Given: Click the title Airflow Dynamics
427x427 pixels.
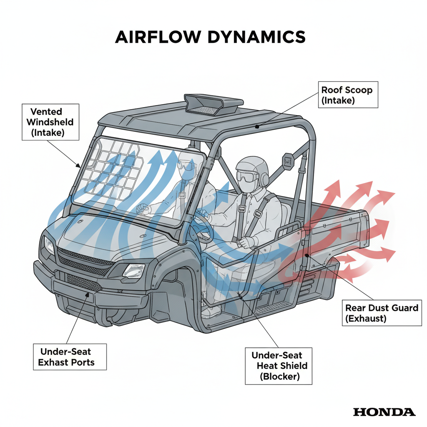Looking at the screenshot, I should point(210,37).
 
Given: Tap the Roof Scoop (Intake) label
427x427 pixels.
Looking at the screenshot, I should point(348,95).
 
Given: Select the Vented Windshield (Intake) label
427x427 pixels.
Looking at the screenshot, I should point(46,123).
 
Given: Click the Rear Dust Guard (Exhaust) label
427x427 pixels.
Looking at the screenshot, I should point(381,313).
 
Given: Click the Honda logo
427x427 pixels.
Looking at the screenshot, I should point(384,412).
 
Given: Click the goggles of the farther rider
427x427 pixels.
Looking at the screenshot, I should point(186,166).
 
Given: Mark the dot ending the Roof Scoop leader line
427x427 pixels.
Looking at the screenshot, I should point(258,126).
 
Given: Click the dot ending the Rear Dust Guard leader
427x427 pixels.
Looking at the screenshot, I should point(306,255).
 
